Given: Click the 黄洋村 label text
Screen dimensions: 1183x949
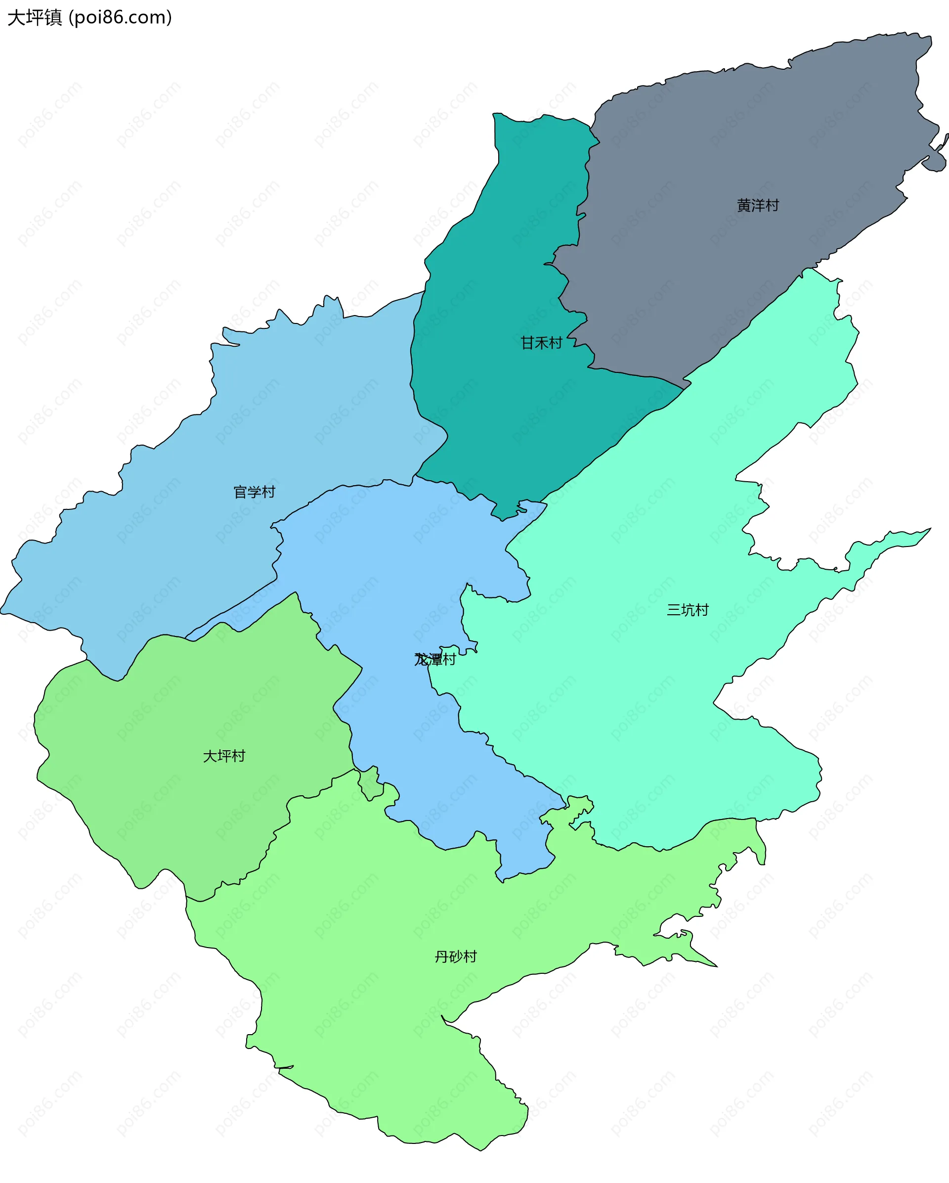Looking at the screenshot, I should [x=758, y=206].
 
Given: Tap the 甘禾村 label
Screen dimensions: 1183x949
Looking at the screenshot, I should [x=541, y=343].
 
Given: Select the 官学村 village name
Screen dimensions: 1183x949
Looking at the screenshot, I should [x=254, y=492].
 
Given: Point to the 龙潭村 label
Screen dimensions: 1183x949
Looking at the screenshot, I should [x=435, y=660].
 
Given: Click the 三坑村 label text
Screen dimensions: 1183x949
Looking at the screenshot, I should [x=688, y=610].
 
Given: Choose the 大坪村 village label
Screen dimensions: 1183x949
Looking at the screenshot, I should [x=224, y=756].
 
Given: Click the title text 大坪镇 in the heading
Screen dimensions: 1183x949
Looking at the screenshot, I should [x=35, y=18].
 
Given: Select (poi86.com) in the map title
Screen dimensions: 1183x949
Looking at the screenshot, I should [x=121, y=18].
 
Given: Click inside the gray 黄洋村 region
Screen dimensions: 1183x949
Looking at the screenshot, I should [x=768, y=137].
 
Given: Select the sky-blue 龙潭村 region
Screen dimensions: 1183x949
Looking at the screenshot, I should [x=384, y=576].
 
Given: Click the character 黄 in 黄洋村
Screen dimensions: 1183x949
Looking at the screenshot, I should [x=744, y=206].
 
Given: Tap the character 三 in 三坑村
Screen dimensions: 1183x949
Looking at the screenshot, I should [x=674, y=610].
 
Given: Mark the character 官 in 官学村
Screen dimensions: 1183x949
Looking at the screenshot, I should [x=240, y=492].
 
